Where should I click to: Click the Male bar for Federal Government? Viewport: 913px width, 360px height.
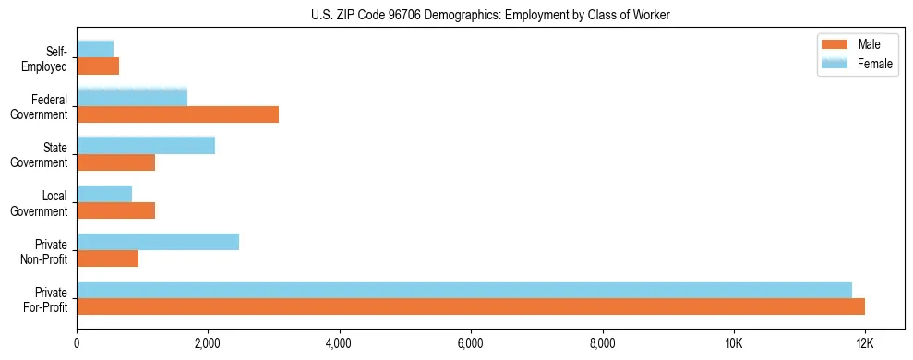pyautogui.click(x=177, y=114)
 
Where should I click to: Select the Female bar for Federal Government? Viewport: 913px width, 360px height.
pyautogui.click(x=132, y=96)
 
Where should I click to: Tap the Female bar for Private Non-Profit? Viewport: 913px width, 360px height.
pyautogui.click(x=158, y=242)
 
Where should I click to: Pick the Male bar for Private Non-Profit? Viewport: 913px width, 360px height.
pyautogui.click(x=108, y=259)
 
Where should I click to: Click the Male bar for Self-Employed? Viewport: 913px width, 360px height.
pyautogui.click(x=98, y=66)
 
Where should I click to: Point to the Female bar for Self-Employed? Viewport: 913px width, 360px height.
pyautogui.click(x=95, y=48)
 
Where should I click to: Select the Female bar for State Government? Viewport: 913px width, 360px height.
pyautogui.click(x=146, y=145)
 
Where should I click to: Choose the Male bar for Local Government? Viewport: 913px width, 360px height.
pyautogui.click(x=116, y=211)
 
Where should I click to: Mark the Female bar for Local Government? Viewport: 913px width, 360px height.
pyautogui.click(x=104, y=193)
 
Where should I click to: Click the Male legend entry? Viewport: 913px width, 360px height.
pyautogui.click(x=868, y=44)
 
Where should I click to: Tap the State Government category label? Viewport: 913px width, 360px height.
pyautogui.click(x=40, y=155)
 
